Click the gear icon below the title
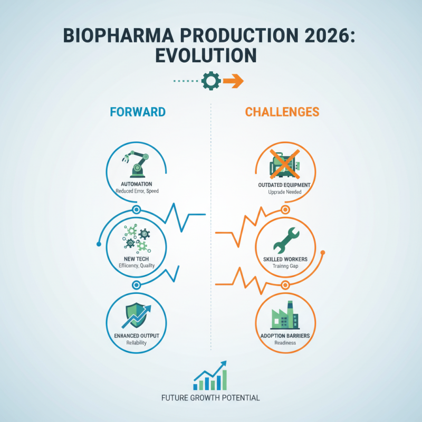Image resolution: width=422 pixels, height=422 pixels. click(x=210, y=81)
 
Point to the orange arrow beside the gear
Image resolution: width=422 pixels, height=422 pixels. click(x=232, y=81)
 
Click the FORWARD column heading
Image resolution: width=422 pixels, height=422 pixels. click(x=138, y=112)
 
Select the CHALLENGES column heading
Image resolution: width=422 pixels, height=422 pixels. click(x=282, y=112)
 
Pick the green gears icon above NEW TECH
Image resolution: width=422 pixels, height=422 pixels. click(x=136, y=238)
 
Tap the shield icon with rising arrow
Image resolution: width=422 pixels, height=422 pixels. click(x=136, y=315)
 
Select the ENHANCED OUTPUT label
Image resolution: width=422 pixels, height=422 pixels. click(x=136, y=335)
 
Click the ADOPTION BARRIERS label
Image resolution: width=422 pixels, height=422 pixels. click(x=285, y=335)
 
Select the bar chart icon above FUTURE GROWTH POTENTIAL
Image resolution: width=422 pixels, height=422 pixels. click(x=211, y=376)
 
